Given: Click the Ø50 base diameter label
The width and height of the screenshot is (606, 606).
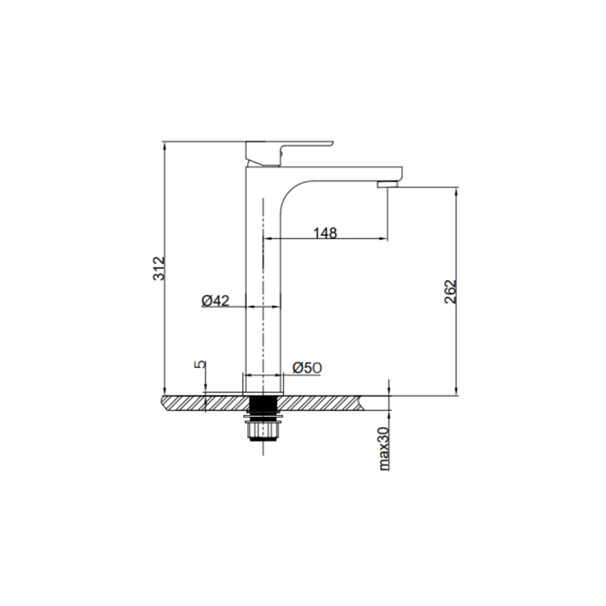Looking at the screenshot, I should pyautogui.click(x=307, y=368).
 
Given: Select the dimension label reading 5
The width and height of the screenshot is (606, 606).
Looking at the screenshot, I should pyautogui.click(x=201, y=365).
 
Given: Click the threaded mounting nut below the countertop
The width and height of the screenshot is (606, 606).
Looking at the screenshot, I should pyautogui.click(x=262, y=428).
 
